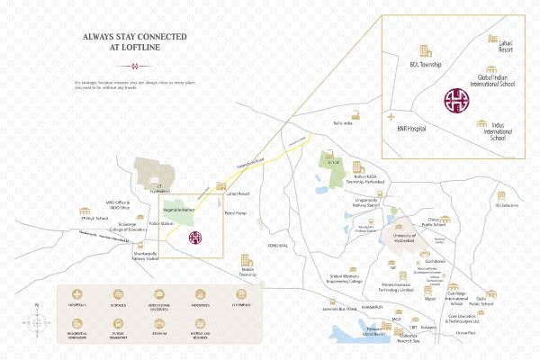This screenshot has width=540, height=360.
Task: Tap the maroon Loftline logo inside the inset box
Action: tap(457, 100)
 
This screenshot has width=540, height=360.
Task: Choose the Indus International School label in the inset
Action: tap(498, 131)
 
